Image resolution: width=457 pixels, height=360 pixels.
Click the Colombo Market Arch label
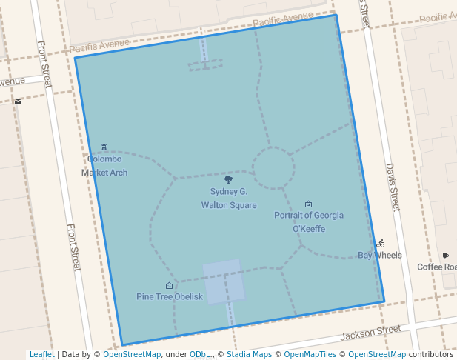pos(104,165)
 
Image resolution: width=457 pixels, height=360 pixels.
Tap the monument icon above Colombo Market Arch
pos(104,148)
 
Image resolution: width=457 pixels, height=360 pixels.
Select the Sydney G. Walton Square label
pos(229,198)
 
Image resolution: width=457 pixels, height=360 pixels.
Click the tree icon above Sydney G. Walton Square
pos(228,179)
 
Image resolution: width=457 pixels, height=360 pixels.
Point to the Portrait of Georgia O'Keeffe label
pos(309,221)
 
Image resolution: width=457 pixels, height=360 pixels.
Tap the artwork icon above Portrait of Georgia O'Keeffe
pos(309,204)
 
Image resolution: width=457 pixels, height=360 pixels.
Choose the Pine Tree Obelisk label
pos(169,296)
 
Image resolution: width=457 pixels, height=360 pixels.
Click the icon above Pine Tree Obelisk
pos(169,285)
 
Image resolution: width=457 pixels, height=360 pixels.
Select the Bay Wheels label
pos(380,255)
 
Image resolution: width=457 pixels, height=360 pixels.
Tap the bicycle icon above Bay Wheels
pos(380,243)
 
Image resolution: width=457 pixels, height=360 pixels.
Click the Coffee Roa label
pos(436,267)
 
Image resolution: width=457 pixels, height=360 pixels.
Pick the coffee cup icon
pos(445,256)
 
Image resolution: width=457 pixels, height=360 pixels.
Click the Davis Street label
pos(393,187)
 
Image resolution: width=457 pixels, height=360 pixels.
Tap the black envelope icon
pos(18,101)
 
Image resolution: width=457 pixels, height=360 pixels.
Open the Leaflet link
pos(41,354)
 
